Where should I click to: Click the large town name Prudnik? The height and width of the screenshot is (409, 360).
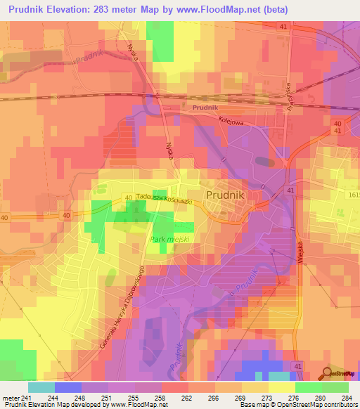(x=229, y=195)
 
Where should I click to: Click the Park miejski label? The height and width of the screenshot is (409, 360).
(x=171, y=239)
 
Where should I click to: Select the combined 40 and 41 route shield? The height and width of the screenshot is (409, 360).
(x=337, y=127)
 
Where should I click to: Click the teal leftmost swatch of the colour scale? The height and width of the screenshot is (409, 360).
(x=41, y=387)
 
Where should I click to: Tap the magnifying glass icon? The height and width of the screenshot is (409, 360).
(x=326, y=374)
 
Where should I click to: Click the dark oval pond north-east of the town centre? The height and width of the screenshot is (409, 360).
(x=265, y=162)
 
